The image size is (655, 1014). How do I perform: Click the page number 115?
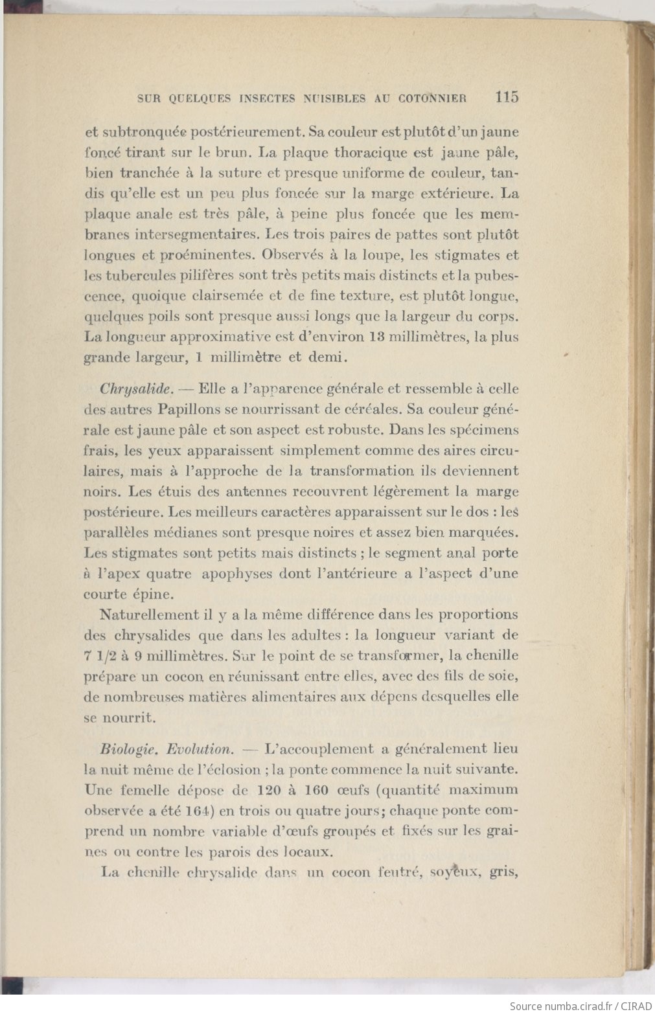pyautogui.click(x=507, y=97)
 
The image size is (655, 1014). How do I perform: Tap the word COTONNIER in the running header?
pyautogui.click(x=433, y=99)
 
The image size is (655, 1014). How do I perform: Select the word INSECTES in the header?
pyautogui.click(x=269, y=99)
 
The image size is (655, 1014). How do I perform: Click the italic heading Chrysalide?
pyautogui.click(x=136, y=389)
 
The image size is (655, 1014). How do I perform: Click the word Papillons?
pyautogui.click(x=183, y=410)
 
